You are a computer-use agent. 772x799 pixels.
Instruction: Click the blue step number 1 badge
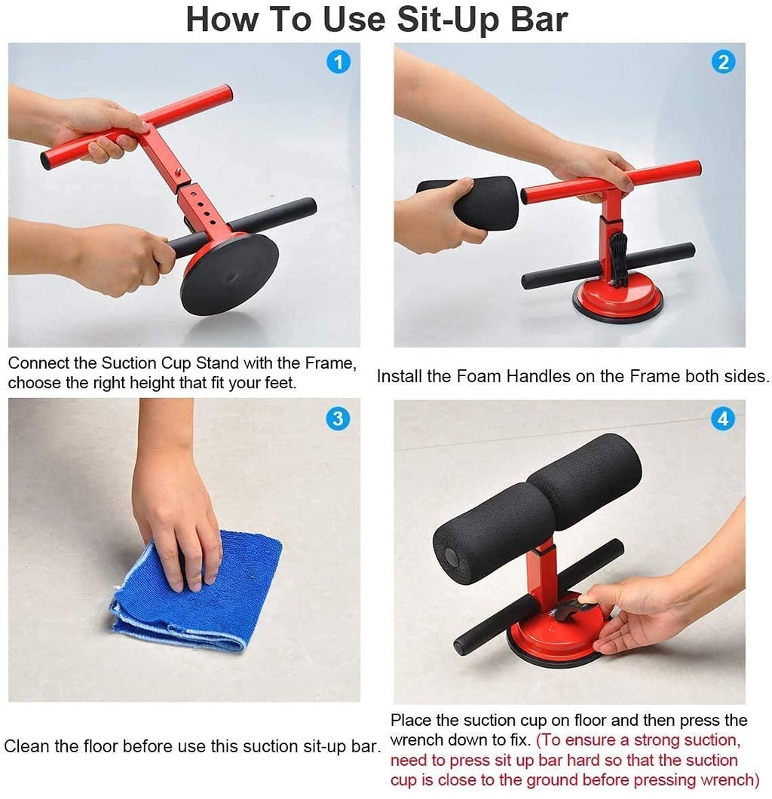click(339, 62)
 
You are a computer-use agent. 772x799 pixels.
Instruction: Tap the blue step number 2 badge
click(723, 62)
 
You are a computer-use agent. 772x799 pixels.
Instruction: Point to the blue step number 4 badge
click(723, 418)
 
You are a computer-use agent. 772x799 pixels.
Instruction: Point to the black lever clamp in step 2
click(618, 256)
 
